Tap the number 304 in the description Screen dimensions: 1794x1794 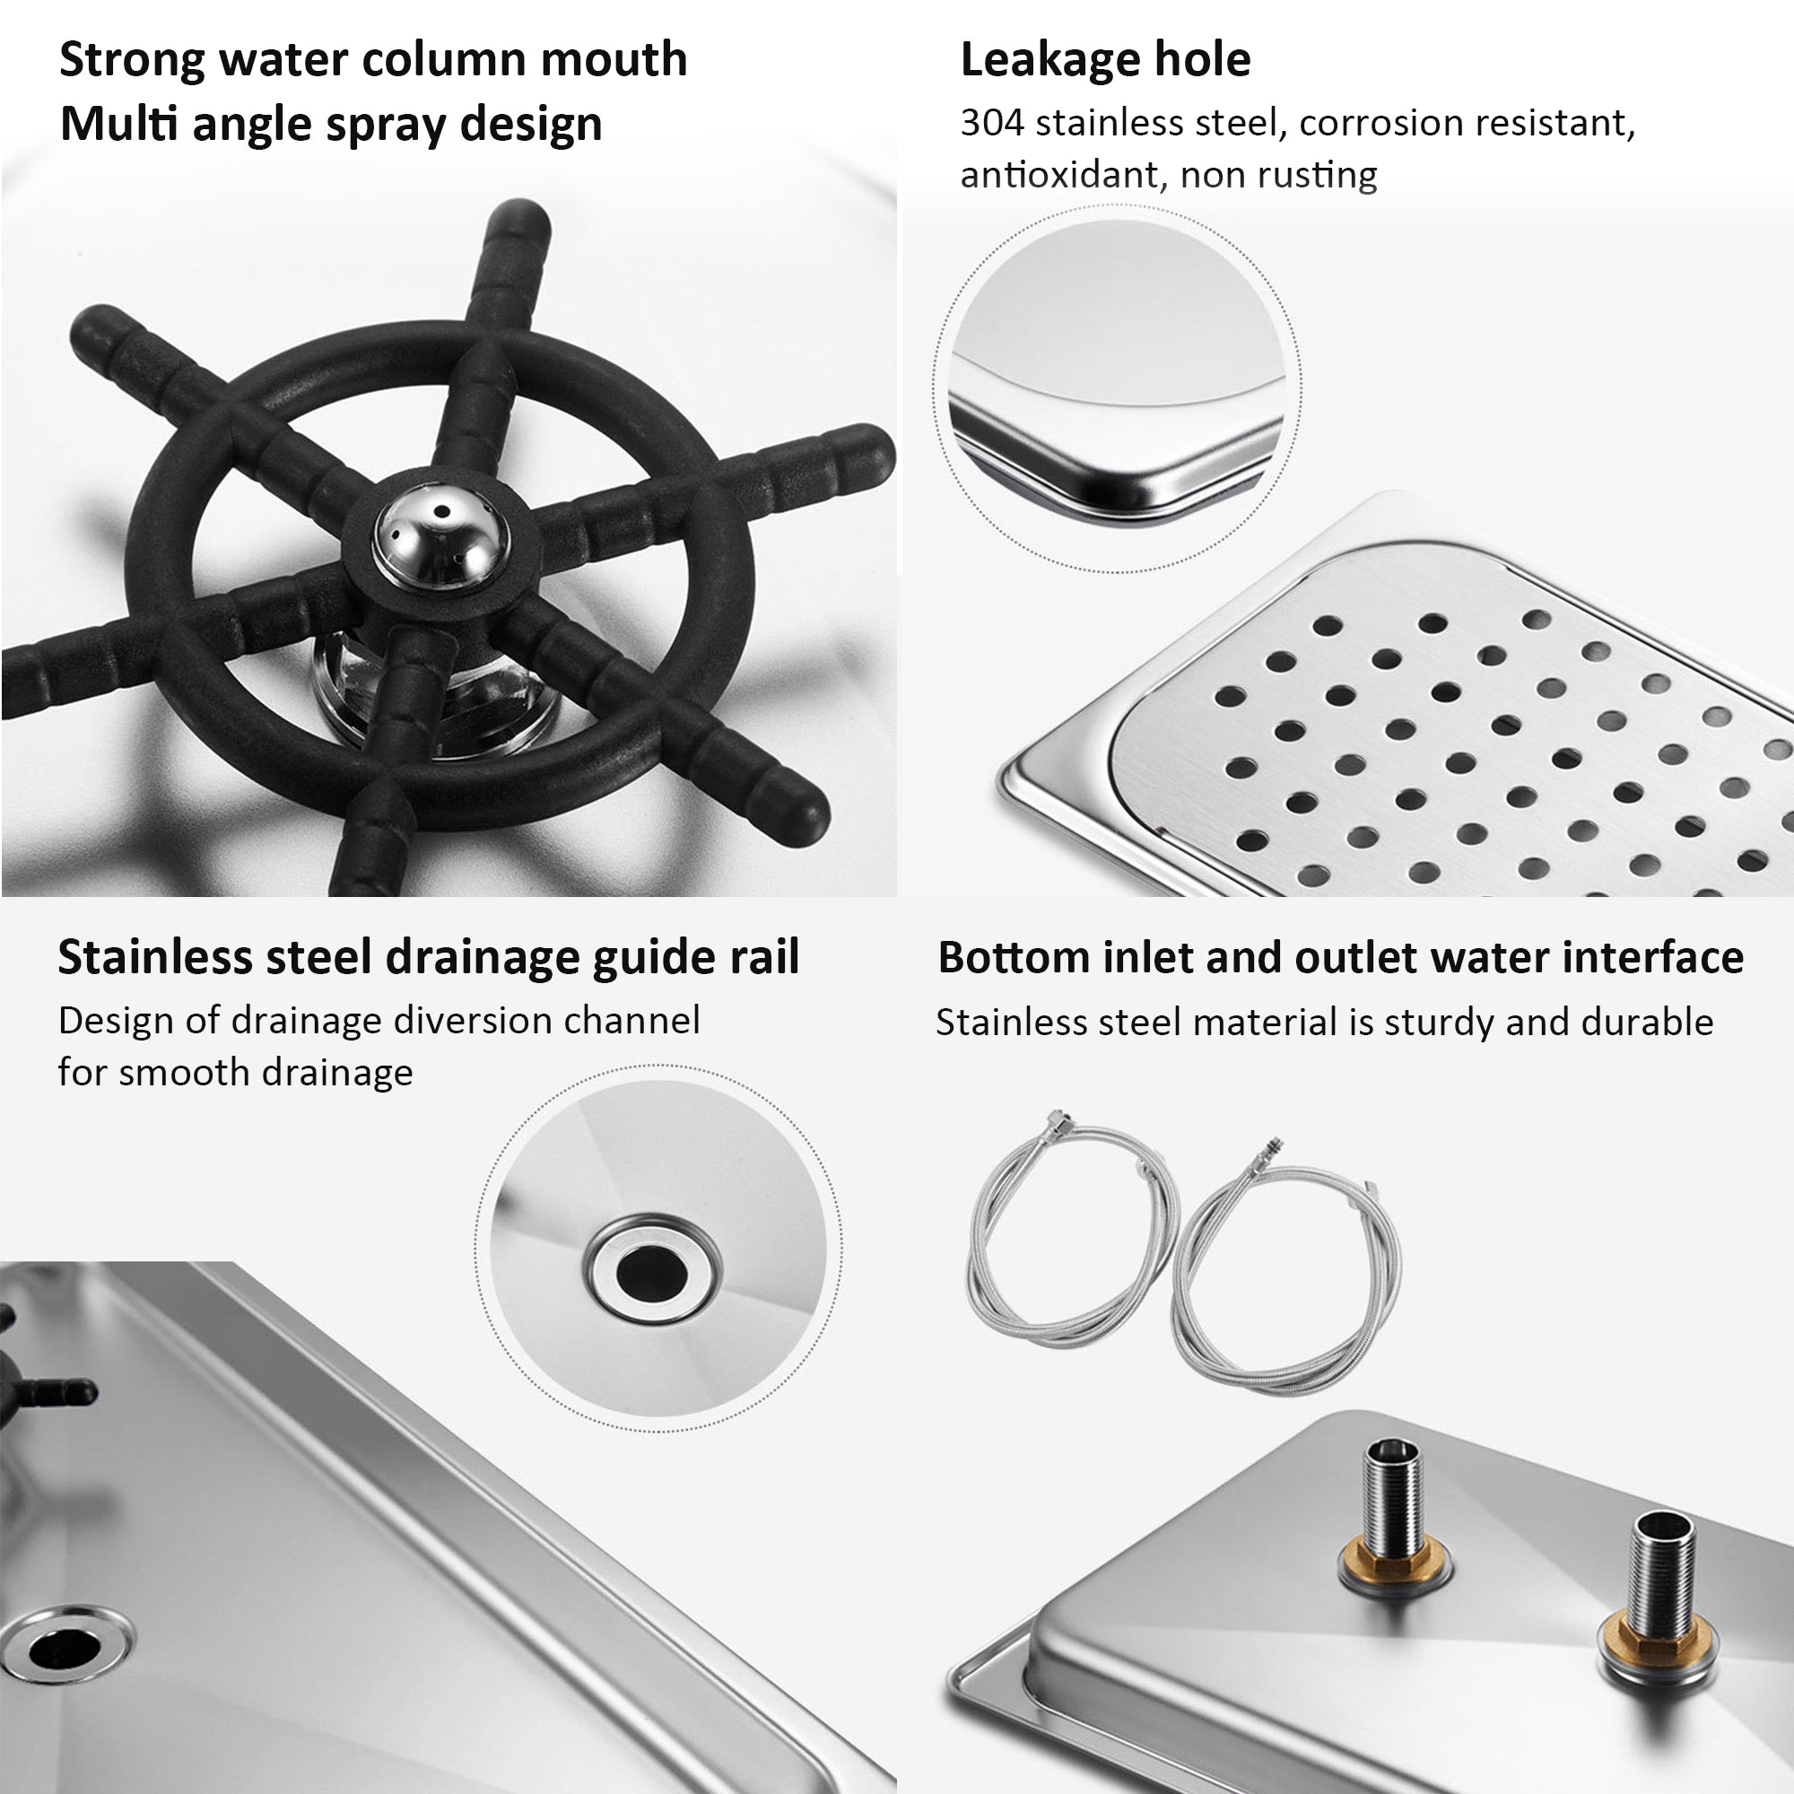click(x=991, y=124)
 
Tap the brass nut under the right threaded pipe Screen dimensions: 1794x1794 click(x=1654, y=1636)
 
